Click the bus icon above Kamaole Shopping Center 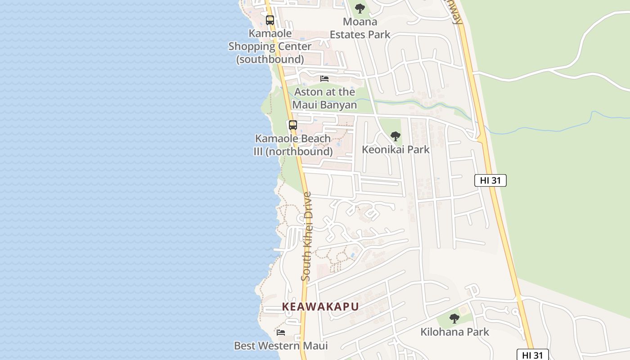(x=270, y=20)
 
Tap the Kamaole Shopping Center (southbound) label (x=270, y=46)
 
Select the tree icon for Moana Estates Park (x=360, y=9)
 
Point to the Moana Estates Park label (x=360, y=28)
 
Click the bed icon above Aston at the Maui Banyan (x=324, y=79)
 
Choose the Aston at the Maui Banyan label (x=324, y=98)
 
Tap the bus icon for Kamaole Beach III (x=293, y=125)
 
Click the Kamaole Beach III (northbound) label (x=293, y=145)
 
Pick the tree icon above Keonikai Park (x=396, y=136)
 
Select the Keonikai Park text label (x=396, y=149)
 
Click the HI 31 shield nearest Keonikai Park (x=490, y=180)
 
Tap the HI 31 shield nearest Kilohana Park (x=532, y=355)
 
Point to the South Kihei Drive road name (x=306, y=237)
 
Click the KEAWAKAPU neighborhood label (x=320, y=306)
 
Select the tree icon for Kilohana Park (x=454, y=319)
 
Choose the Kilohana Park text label (x=454, y=332)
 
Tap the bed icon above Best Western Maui (x=281, y=333)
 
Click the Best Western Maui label (x=281, y=346)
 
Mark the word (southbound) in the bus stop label (x=270, y=59)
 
